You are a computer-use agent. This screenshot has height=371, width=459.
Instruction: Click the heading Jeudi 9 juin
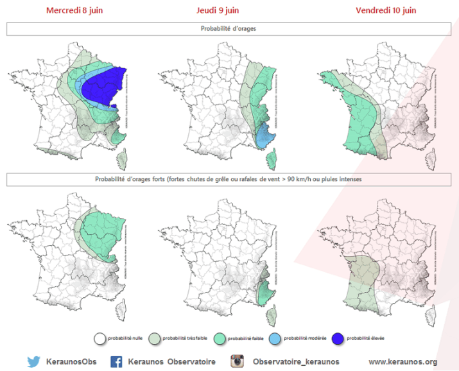218,10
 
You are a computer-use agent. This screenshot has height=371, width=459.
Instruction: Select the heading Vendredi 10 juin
386,10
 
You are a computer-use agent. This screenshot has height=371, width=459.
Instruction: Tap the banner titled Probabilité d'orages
229,29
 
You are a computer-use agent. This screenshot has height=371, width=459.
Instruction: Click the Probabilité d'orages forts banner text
229,180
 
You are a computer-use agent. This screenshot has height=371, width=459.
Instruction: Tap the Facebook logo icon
117,361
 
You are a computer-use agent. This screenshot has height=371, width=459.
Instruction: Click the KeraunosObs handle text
71,361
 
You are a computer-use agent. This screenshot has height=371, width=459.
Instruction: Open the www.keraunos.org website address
403,361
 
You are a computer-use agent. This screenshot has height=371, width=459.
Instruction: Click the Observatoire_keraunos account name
296,361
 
